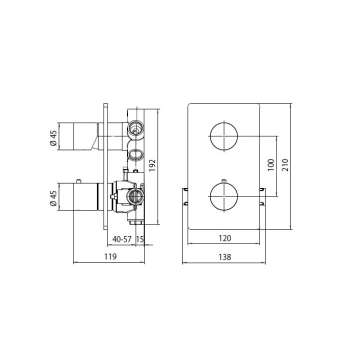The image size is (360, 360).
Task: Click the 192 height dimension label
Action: [x=153, y=165]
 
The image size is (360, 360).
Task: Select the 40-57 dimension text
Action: [x=121, y=239]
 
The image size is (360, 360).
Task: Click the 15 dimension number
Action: [x=140, y=239]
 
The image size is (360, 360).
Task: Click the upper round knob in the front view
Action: [x=223, y=135]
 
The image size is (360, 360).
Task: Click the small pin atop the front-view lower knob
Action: [x=223, y=179]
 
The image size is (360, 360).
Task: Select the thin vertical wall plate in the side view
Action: [x=105, y=165]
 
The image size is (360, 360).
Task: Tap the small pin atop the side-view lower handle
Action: [x=78, y=180]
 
